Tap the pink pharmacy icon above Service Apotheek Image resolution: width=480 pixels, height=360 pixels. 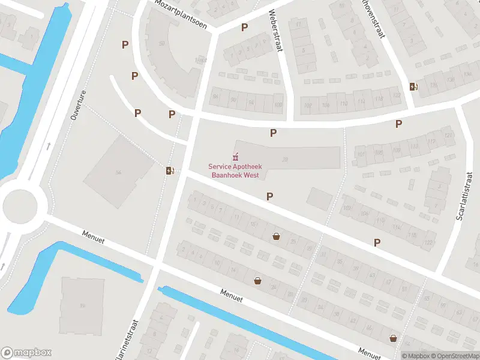[234, 157]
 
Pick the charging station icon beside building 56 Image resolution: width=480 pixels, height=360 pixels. [170, 171]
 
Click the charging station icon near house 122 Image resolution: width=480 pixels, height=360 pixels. [413, 86]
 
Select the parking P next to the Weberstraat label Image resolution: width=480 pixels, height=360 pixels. [244, 28]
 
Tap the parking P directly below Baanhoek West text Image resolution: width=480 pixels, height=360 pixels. [270, 196]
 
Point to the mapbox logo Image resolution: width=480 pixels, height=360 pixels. [26, 353]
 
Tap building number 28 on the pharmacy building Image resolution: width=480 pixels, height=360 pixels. [285, 159]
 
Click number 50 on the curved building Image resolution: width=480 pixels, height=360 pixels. [161, 43]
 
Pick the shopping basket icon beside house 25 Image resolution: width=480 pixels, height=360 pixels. [276, 236]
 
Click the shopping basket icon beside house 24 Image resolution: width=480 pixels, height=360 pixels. [257, 280]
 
